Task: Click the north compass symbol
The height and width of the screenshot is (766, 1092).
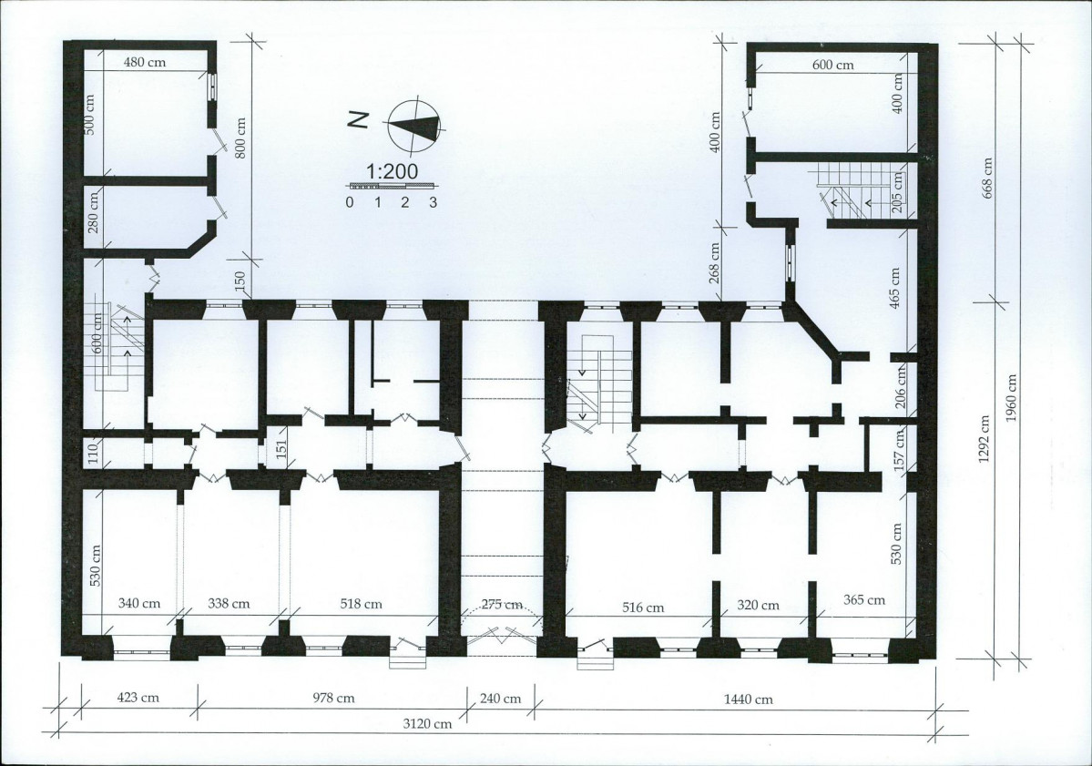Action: (414, 126)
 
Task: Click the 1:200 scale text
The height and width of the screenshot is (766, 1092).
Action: (392, 171)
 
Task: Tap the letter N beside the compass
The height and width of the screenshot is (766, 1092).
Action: (358, 120)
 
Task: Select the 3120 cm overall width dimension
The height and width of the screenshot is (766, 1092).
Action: (428, 723)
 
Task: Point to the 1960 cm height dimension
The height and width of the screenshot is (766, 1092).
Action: (1011, 398)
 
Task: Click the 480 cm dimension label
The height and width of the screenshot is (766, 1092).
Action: (145, 62)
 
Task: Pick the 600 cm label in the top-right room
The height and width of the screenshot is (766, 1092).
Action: (833, 65)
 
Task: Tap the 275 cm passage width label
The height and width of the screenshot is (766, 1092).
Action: (502, 604)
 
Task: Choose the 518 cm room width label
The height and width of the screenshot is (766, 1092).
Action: (361, 604)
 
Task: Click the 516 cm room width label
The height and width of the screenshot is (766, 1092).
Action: (642, 608)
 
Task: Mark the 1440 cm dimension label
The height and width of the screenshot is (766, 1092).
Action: (747, 699)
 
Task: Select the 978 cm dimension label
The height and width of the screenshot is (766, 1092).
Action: (335, 697)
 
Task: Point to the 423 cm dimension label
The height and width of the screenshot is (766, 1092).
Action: (137, 697)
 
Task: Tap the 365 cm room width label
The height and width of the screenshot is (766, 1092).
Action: (864, 599)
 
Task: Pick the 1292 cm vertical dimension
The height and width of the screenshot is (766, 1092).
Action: (984, 441)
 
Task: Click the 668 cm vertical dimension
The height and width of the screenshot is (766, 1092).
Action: (987, 178)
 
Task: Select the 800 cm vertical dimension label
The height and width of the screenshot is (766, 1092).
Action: (240, 138)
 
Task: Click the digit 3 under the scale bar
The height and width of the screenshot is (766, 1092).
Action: (433, 202)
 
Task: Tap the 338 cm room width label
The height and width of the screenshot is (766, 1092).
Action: (230, 604)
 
